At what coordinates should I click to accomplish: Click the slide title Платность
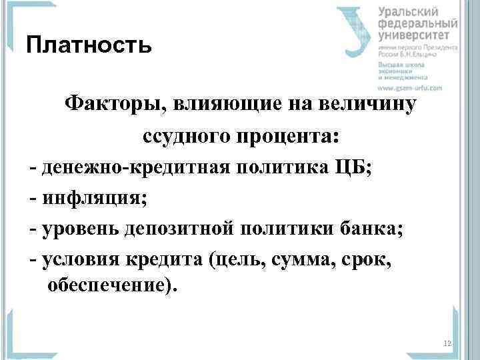click(x=87, y=46)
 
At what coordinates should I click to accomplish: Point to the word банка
click(x=371, y=228)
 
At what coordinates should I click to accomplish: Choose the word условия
click(x=80, y=259)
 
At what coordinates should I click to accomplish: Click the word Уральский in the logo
click(x=409, y=11)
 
